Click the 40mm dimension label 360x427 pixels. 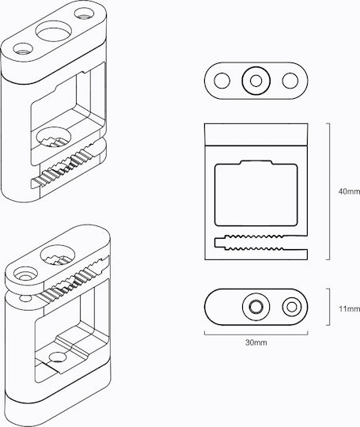[x=349, y=191]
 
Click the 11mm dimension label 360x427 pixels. [x=350, y=309]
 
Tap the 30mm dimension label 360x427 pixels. [x=256, y=342]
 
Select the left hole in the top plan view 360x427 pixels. [x=222, y=81]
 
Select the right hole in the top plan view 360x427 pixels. [x=290, y=81]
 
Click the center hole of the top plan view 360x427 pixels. [x=256, y=81]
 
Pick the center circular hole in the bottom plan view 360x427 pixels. [x=256, y=307]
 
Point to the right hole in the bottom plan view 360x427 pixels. [x=292, y=307]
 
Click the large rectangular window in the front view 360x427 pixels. [x=256, y=194]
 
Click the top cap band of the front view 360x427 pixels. [x=256, y=134]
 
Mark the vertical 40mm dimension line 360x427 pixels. [x=330, y=191]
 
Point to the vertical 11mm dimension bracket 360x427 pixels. [x=330, y=307]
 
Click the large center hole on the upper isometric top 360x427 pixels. [x=55, y=32]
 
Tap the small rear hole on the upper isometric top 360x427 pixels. [x=84, y=13]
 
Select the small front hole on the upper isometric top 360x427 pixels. [x=23, y=49]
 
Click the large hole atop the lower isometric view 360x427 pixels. [x=58, y=255]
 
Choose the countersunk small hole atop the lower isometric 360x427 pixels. [x=25, y=274]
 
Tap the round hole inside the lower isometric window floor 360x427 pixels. [x=58, y=357]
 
